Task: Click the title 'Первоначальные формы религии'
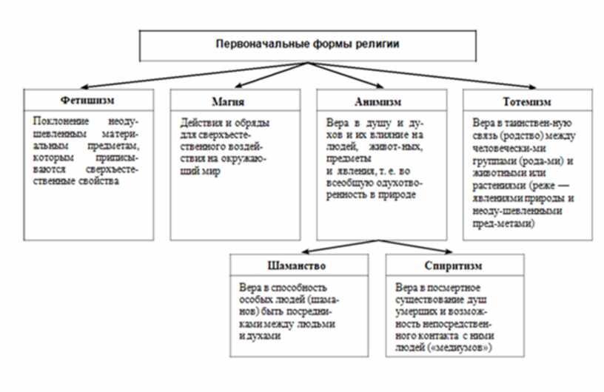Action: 306,44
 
